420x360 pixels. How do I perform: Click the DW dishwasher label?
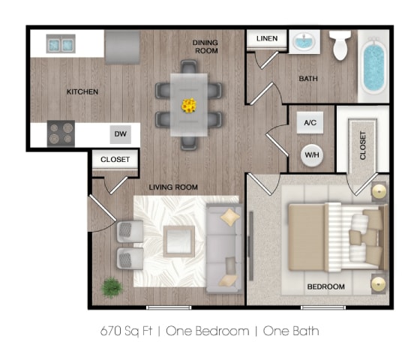point(119,135)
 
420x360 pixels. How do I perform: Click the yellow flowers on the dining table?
point(188,104)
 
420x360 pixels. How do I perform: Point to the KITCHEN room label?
point(82,92)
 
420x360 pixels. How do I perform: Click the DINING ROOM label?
point(205,47)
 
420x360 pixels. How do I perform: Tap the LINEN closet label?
point(267,38)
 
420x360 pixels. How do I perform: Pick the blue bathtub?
point(373,67)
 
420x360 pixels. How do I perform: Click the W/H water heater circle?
point(310,154)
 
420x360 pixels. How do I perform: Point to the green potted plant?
point(112,286)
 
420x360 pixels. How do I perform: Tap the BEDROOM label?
point(326,286)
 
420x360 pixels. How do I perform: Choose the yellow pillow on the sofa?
point(230,217)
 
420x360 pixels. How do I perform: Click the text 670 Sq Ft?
point(128,329)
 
